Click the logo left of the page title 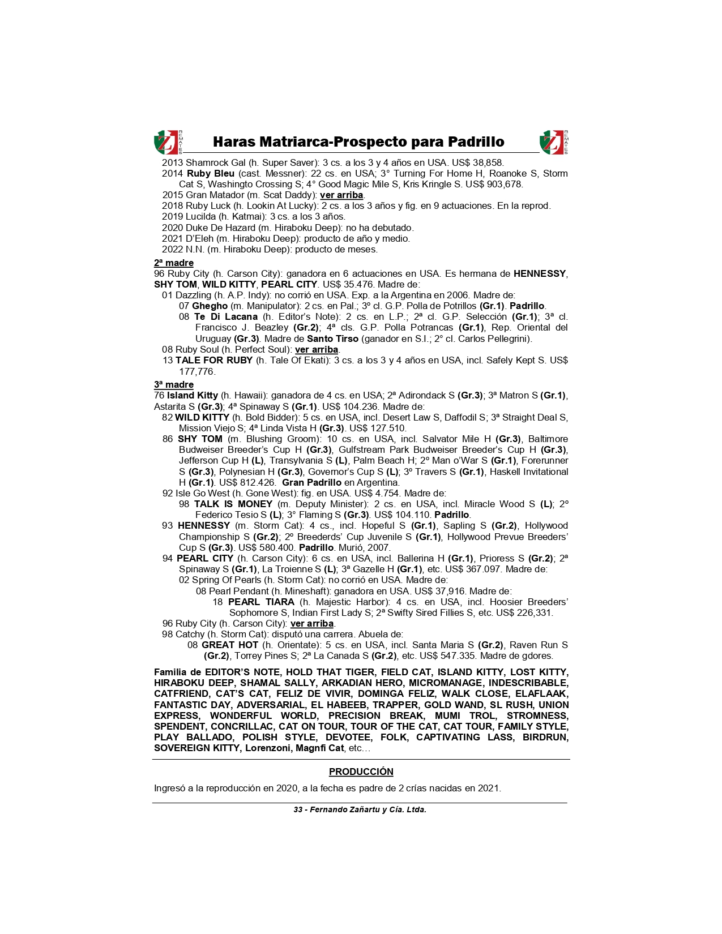pos(168,142)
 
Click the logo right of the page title pos(554,142)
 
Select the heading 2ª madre pos(174,263)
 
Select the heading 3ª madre pos(174,384)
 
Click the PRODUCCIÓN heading pos(361,772)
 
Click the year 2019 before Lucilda pos(172,217)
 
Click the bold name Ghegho pos(210,306)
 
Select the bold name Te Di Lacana pos(225,317)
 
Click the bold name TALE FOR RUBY pos(213,361)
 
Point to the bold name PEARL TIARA pos(261,602)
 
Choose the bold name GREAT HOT pos(230,645)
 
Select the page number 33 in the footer pos(298,809)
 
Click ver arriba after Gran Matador pos(341,195)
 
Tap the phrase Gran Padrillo pos(311,482)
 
